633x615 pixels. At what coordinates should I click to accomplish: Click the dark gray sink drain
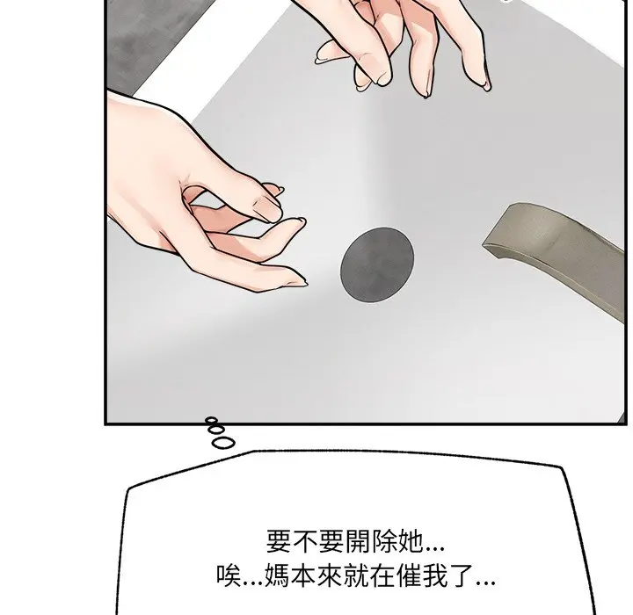pos(377,264)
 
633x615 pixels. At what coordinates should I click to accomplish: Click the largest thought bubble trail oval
pos(222,443)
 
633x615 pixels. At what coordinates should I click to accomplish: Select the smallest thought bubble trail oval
pos(211,421)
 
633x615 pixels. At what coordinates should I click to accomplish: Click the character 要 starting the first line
pos(279,540)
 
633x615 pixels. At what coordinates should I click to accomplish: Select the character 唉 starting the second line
pos(229,575)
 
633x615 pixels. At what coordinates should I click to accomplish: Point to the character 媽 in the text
pos(277,575)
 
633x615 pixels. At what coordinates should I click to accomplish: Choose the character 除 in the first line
pos(384,540)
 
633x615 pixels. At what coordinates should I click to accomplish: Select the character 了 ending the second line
pos(462,575)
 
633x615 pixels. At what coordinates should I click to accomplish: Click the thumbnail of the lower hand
pos(268,208)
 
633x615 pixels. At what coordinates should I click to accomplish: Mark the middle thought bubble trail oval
pos(216,430)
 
